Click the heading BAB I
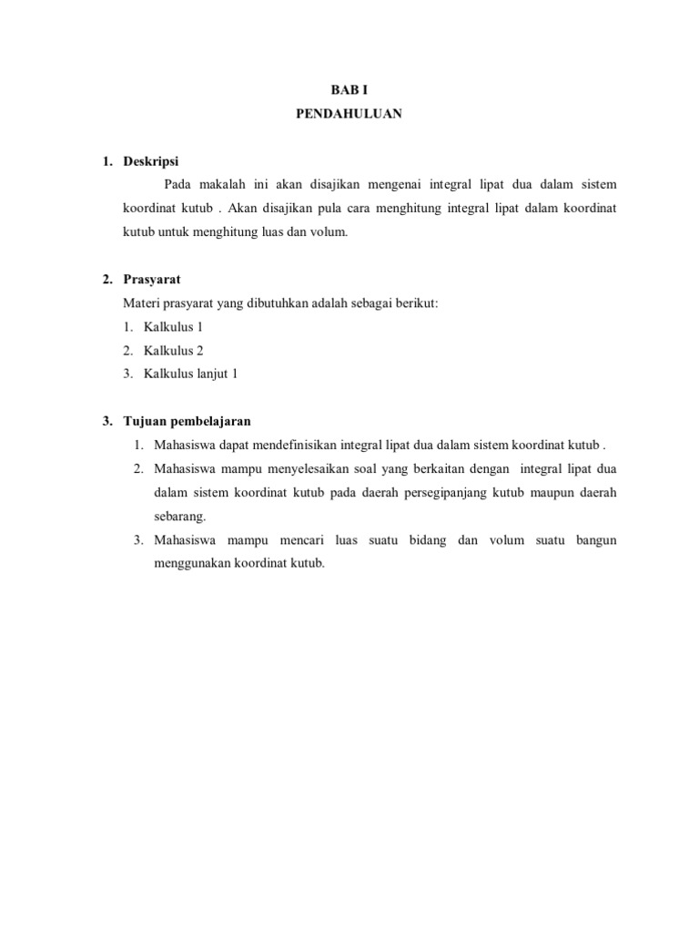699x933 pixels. (349, 90)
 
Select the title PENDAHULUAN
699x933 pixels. (349, 115)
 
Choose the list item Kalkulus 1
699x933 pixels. (173, 326)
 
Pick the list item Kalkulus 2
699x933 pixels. (173, 350)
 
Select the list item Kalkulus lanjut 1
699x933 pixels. (190, 374)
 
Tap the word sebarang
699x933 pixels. (179, 517)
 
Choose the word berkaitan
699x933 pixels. (427, 469)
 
